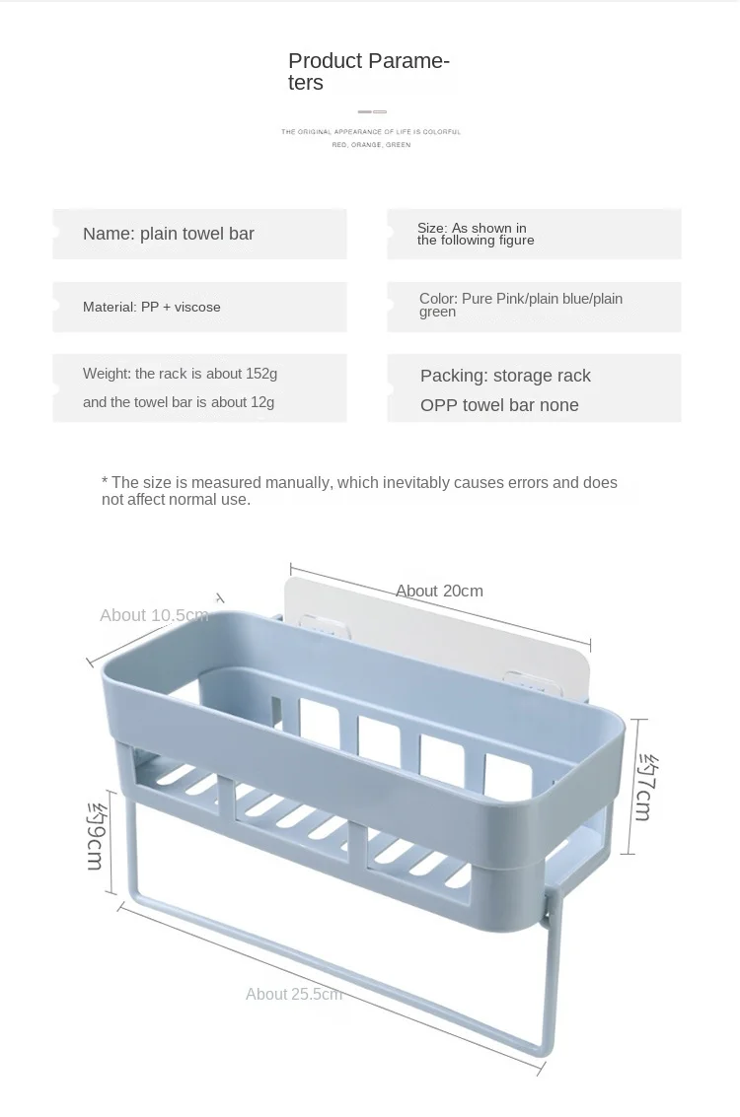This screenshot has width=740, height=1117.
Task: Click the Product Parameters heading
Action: [369, 71]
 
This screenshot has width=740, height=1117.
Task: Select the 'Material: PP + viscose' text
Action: [151, 307]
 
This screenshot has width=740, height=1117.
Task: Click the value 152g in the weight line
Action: [261, 374]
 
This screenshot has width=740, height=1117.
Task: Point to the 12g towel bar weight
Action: [262, 402]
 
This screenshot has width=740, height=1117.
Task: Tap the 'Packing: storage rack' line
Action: [505, 376]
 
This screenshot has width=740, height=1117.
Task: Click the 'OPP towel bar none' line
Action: [499, 405]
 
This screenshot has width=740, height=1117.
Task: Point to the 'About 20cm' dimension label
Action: [439, 591]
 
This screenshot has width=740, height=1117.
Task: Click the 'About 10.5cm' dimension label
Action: [154, 615]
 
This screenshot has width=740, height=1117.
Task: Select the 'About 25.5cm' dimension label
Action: [294, 994]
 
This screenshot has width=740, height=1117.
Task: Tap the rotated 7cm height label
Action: [646, 787]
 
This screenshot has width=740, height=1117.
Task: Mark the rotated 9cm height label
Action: [96, 836]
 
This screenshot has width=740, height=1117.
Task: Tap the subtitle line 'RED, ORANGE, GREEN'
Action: [371, 145]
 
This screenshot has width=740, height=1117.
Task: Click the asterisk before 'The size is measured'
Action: [105, 481]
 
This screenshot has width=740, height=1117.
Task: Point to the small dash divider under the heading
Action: [372, 111]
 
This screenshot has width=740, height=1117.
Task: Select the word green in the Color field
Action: [437, 312]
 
